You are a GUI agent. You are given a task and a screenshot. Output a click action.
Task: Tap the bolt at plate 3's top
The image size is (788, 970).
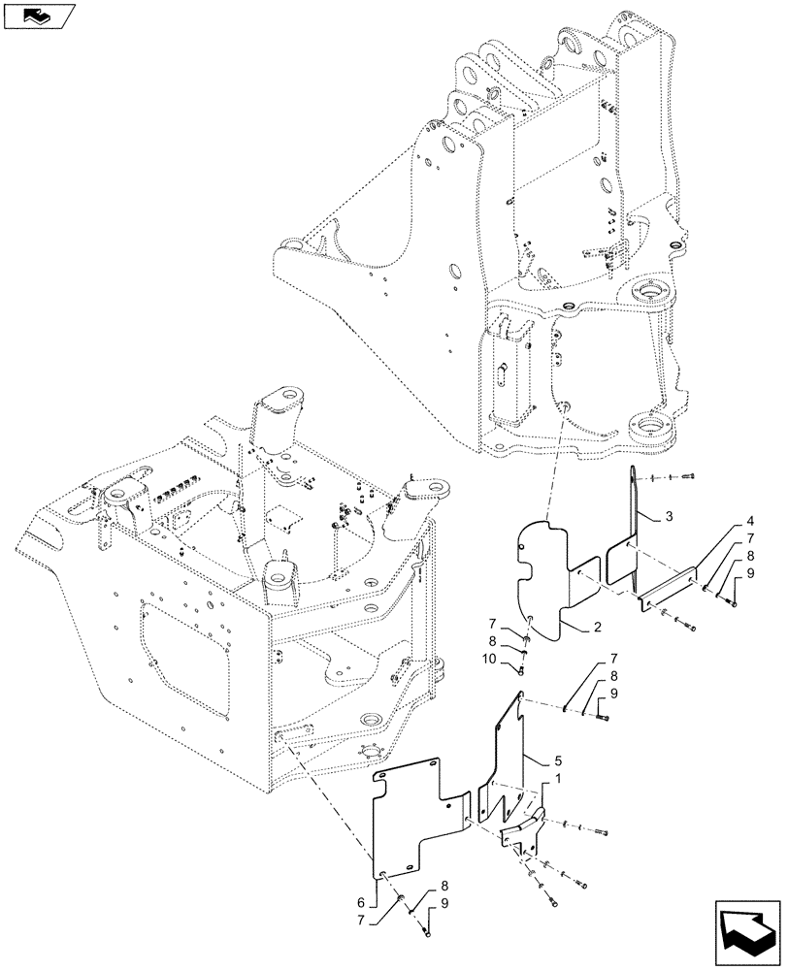coord(690,476)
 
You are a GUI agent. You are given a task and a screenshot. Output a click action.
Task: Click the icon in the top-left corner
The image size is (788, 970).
coord(38,16)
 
